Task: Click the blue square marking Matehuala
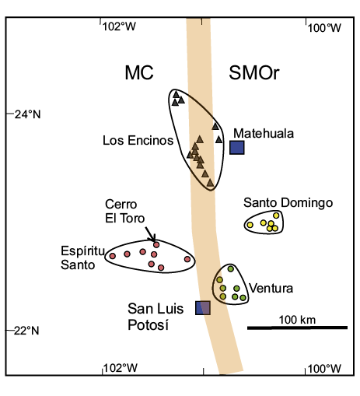pos(237,148)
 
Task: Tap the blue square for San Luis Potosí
pos(203,308)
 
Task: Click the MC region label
pos(139,72)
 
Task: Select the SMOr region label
pos(254,72)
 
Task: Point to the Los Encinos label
pos(138,140)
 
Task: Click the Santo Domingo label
pos(288,202)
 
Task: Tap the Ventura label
pos(271,288)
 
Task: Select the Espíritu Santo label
pos(82,258)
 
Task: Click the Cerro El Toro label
pos(124,211)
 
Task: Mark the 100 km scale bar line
pos(297,328)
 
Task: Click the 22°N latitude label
pos(26,331)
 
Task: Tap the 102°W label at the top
pos(119,26)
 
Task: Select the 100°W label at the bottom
pos(324,369)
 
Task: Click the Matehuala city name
pos(264,134)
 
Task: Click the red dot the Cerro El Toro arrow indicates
pos(156,244)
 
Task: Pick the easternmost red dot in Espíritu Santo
pos(187,259)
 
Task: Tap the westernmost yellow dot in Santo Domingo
pos(250,225)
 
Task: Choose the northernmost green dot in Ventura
pos(231,269)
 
